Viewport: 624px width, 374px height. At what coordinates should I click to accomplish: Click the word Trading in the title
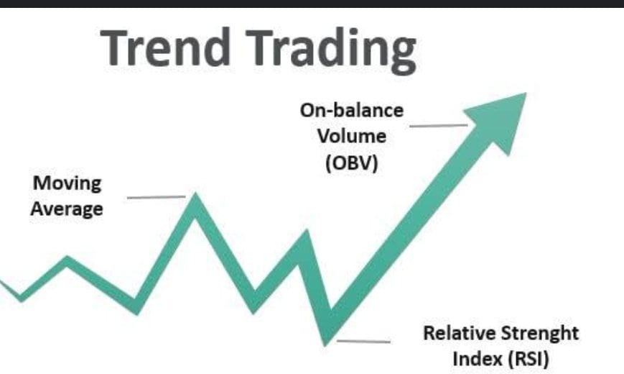click(x=331, y=50)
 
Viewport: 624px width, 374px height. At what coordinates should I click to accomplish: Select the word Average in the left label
click(x=67, y=209)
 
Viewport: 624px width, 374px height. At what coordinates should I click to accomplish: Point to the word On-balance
click(x=352, y=111)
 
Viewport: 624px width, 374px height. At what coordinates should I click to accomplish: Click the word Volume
click(x=352, y=137)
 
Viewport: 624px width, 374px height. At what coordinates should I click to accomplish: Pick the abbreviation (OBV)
click(x=352, y=163)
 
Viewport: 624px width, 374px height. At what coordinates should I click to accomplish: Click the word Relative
click(x=460, y=333)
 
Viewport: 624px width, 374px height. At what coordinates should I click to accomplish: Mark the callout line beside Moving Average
click(x=157, y=197)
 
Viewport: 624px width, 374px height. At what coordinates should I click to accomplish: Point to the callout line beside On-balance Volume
click(x=439, y=126)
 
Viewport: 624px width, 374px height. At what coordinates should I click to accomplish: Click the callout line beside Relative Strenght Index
click(x=364, y=342)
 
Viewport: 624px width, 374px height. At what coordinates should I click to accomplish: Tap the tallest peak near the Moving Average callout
click(x=195, y=196)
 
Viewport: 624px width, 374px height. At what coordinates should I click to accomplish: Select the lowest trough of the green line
click(x=326, y=344)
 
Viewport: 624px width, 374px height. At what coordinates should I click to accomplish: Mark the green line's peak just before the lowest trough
click(x=307, y=232)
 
